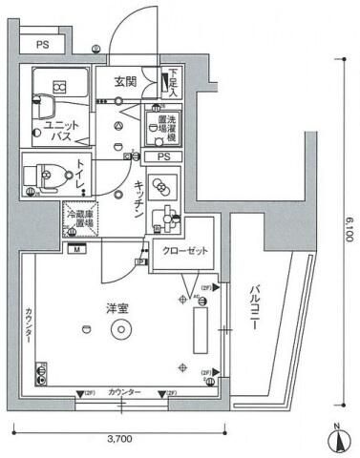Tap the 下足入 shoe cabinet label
click(173, 83)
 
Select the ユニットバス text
click(57, 131)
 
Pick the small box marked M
click(75, 249)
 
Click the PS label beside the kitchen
click(163, 156)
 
